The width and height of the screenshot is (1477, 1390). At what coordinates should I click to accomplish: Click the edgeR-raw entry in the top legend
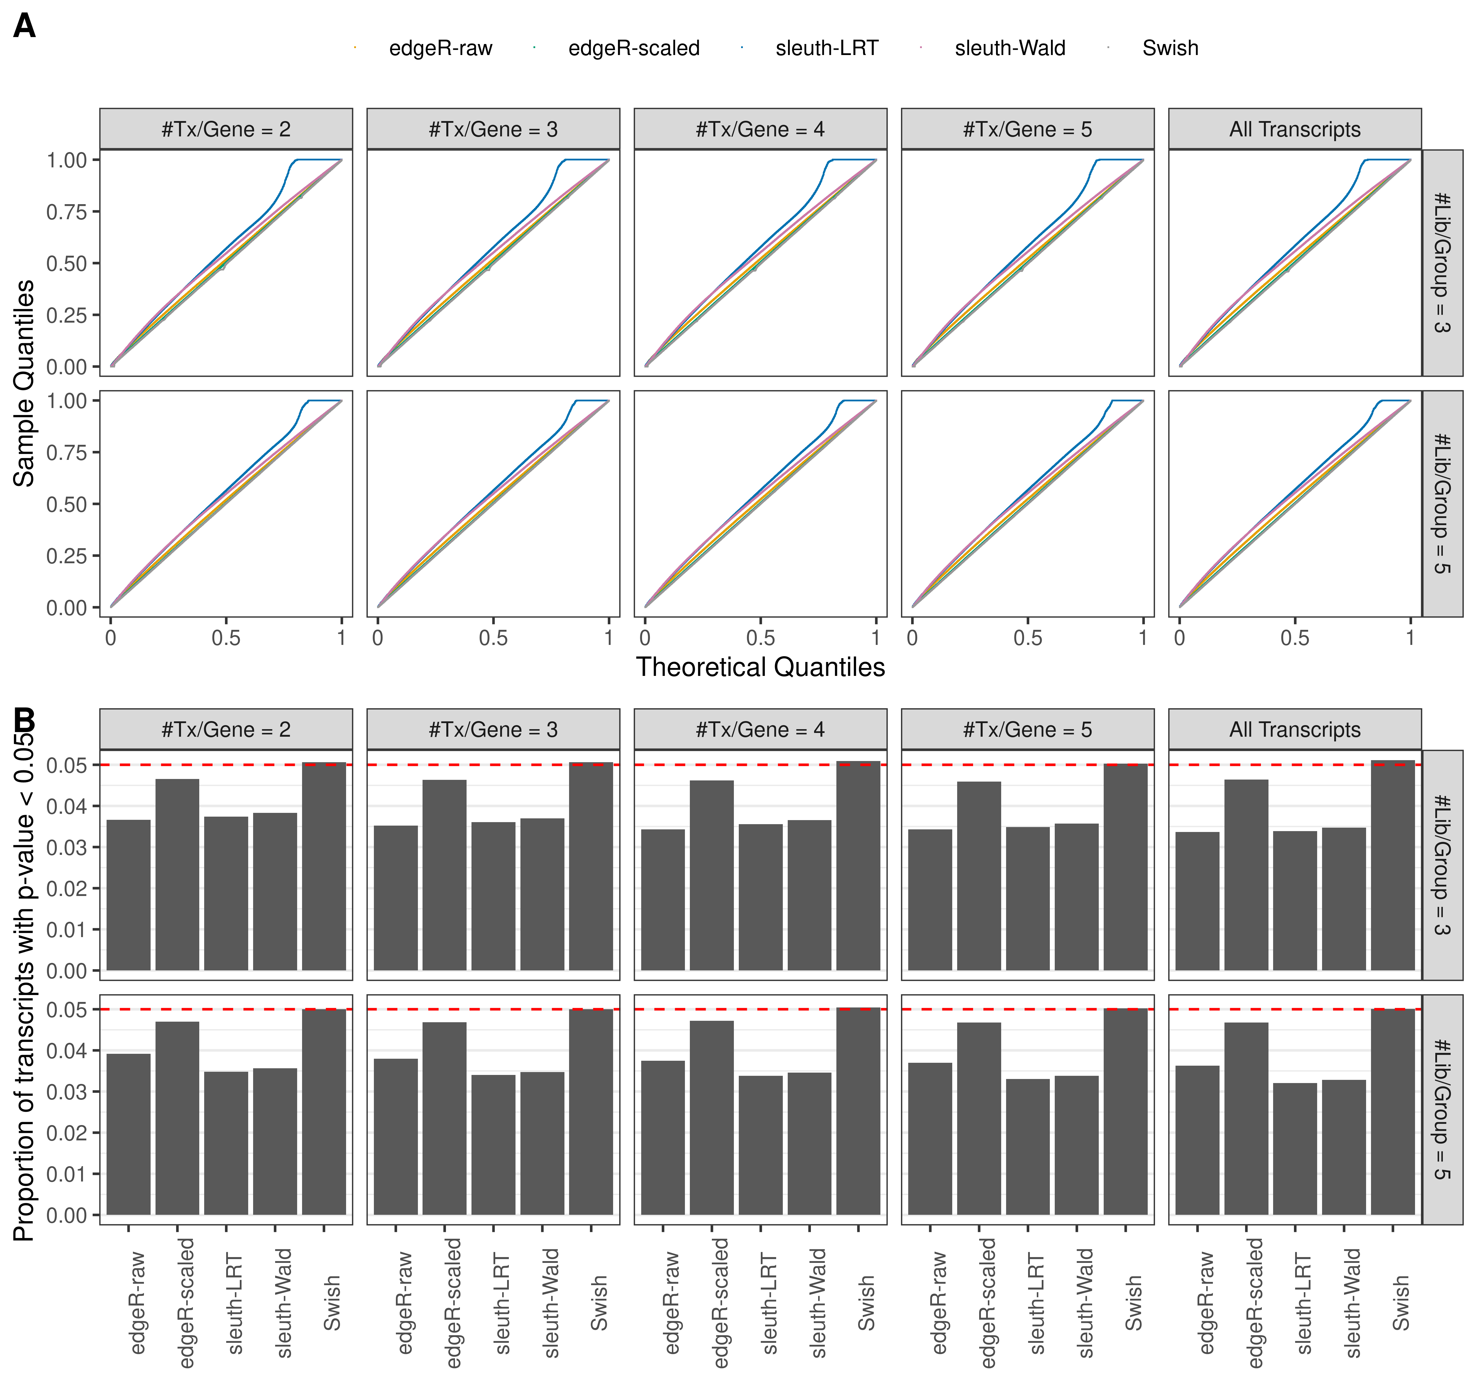[x=440, y=48]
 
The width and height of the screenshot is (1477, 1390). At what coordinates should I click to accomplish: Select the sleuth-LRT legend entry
[x=826, y=48]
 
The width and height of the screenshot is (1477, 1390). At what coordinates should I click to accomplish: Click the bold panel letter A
[x=25, y=27]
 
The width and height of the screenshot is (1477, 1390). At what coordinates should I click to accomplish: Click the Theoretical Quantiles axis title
[x=760, y=667]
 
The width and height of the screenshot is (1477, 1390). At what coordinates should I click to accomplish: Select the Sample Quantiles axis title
[x=25, y=383]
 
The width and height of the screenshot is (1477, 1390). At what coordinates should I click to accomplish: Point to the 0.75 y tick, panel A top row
[x=67, y=212]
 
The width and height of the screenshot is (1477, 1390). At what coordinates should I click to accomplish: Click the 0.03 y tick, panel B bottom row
[x=67, y=1092]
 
